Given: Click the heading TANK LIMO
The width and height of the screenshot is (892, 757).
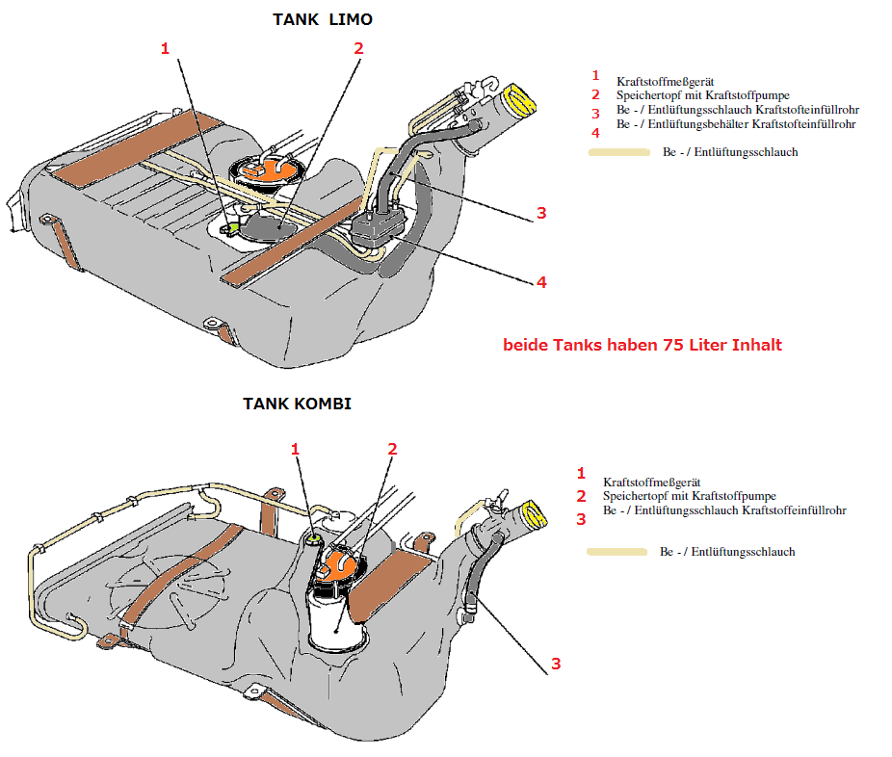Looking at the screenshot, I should pyautogui.click(x=322, y=19).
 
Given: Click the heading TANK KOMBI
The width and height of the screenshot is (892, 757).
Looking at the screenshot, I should pyautogui.click(x=297, y=404).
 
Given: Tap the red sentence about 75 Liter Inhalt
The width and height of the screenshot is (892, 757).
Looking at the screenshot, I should pyautogui.click(x=643, y=345).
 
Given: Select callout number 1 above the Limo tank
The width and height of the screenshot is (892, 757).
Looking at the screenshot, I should pyautogui.click(x=166, y=48).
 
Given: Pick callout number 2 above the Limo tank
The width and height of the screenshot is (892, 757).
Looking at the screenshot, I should pyautogui.click(x=358, y=48).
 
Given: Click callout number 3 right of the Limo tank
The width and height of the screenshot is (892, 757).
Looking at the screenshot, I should pyautogui.click(x=541, y=213).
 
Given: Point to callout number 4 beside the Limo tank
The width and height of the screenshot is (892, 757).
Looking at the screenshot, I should pyautogui.click(x=541, y=282).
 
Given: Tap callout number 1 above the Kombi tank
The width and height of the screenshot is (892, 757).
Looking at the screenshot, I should pyautogui.click(x=296, y=449).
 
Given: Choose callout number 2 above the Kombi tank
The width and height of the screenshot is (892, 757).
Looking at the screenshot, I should pyautogui.click(x=392, y=449).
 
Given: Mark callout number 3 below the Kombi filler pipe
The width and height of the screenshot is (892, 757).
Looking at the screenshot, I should pyautogui.click(x=556, y=664).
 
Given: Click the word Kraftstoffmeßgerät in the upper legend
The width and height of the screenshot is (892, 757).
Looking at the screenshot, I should pyautogui.click(x=665, y=81).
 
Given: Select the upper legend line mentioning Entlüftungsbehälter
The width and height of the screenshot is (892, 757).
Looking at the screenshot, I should pyautogui.click(x=736, y=124).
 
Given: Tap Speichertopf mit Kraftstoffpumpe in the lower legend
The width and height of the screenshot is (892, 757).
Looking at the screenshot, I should pyautogui.click(x=689, y=496).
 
